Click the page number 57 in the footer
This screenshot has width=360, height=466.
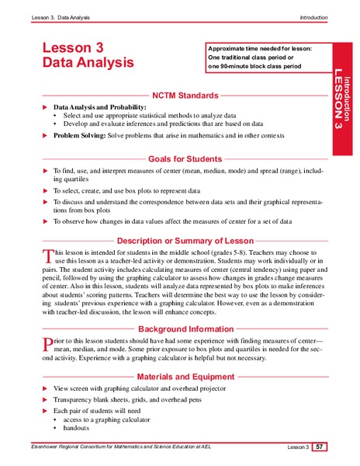tap(320, 447)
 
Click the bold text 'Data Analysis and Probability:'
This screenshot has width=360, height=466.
tap(99, 106)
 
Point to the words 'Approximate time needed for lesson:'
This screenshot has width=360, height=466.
tap(260, 49)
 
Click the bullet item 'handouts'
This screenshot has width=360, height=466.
tap(71, 429)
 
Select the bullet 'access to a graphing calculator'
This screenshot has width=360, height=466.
tap(101, 419)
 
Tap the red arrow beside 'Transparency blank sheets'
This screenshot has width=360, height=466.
tap(44, 398)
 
